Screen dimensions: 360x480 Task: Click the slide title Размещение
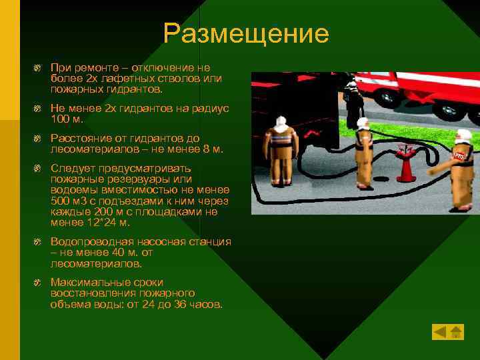pos(246,34)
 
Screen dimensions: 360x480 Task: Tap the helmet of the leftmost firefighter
pos(281,121)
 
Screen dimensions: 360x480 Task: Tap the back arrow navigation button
pos(440,331)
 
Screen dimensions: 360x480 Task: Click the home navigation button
pos(456,331)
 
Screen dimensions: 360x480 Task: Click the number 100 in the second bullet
pos(59,119)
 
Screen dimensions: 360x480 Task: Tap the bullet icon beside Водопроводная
pos(39,242)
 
